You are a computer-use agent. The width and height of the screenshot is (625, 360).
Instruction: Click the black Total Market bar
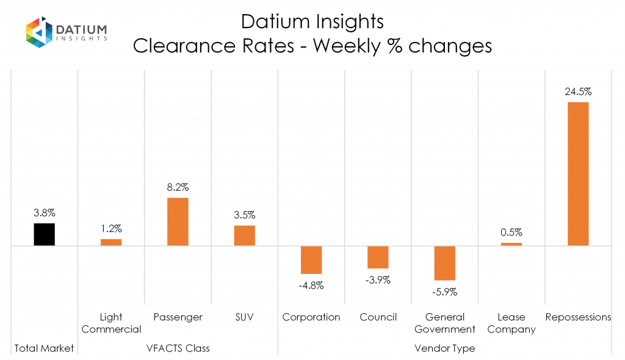click(x=44, y=234)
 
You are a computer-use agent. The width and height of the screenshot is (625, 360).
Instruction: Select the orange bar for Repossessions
click(x=578, y=174)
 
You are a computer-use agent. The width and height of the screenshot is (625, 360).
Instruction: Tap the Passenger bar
click(x=178, y=221)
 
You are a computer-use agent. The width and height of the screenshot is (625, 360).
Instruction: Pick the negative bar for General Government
click(x=444, y=263)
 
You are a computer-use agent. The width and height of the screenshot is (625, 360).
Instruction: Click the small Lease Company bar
click(x=511, y=244)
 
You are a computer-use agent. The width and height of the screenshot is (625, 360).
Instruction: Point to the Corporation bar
click(x=311, y=259)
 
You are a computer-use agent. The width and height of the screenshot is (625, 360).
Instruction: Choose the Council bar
click(x=378, y=257)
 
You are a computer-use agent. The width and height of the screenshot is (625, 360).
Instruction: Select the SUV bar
click(x=244, y=236)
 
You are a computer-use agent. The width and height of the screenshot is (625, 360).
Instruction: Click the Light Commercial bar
click(x=111, y=242)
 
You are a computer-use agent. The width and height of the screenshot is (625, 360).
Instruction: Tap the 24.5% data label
click(x=578, y=92)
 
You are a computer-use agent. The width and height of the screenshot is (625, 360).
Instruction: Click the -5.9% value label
click(x=444, y=292)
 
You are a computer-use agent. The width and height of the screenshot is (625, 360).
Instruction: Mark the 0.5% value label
click(x=511, y=232)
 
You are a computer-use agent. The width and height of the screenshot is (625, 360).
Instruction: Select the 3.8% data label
click(x=44, y=214)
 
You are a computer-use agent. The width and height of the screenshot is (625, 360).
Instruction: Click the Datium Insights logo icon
click(x=38, y=32)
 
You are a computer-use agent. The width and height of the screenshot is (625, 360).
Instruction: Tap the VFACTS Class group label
click(x=178, y=348)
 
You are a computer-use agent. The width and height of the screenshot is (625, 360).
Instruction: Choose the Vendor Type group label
click(x=444, y=348)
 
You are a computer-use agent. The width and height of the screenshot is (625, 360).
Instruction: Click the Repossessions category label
click(x=578, y=317)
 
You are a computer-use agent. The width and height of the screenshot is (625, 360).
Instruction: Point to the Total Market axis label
click(x=44, y=348)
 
